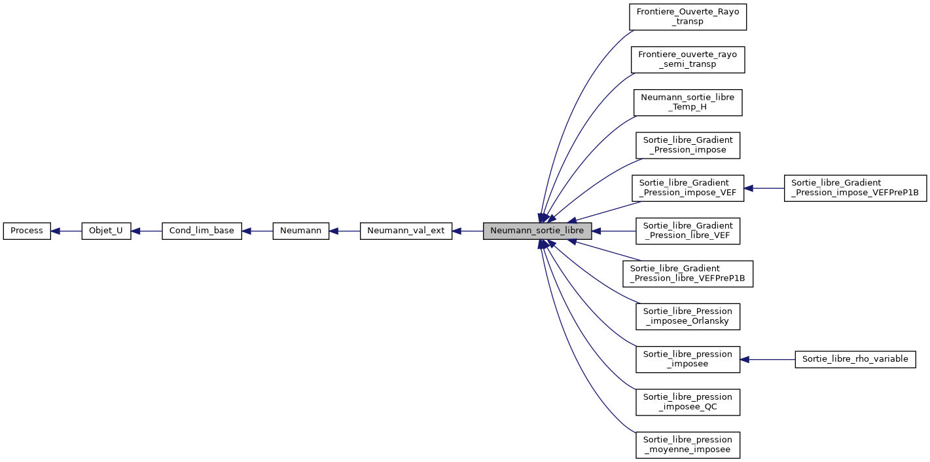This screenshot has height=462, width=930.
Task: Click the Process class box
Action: pos(27,231)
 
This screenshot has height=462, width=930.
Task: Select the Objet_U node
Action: pos(106,231)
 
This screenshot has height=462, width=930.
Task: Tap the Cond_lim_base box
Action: pos(202,231)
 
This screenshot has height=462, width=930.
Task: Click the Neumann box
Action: pos(300,231)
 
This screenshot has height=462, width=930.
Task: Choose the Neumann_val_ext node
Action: pos(406,231)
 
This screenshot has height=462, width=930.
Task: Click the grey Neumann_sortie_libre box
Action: pos(537,231)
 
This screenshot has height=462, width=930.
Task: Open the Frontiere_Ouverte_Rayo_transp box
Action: pos(688,16)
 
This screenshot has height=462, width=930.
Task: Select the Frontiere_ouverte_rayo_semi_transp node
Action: pos(688,59)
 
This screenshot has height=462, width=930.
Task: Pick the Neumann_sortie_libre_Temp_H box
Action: pos(688,102)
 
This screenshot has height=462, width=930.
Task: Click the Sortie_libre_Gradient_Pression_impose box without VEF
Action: pos(688,145)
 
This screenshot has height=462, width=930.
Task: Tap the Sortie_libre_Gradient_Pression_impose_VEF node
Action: pos(688,188)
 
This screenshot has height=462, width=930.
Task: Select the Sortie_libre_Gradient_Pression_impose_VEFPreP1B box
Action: pos(855,188)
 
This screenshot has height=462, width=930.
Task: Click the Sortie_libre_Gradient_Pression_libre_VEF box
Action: pos(688,231)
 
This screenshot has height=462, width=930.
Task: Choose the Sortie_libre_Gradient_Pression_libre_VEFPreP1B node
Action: pos(688,273)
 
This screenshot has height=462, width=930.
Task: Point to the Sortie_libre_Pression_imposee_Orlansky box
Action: pos(688,317)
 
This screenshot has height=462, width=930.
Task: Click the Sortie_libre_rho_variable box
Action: pos(855,359)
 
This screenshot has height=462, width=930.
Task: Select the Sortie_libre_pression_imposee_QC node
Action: pos(688,402)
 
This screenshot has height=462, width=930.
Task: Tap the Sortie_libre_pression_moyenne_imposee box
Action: pos(688,445)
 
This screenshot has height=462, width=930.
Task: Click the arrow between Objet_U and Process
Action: pos(66,231)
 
